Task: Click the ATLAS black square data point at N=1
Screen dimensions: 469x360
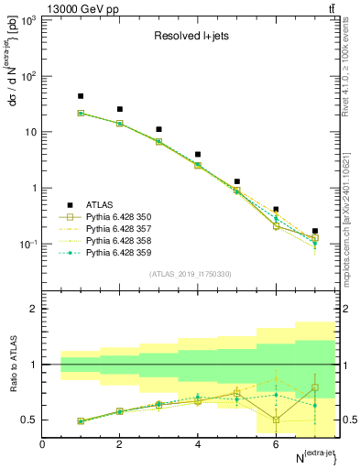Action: (81, 96)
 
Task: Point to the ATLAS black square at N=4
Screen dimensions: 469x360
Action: (198, 155)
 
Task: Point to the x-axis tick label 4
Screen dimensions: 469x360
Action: (198, 444)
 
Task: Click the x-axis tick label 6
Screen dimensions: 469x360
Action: (276, 444)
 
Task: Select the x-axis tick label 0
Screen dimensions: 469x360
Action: (42, 444)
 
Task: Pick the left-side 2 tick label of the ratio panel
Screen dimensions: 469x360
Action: (32, 309)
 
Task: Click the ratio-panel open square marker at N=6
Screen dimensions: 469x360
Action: (276, 420)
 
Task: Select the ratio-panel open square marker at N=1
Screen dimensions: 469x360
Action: (81, 421)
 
